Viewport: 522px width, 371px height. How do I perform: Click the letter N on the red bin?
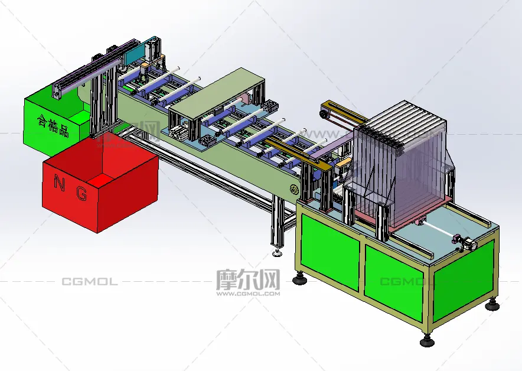(x=59, y=184)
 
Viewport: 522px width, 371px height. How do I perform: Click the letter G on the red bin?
(x=81, y=194)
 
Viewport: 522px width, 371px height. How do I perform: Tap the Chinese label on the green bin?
(x=53, y=126)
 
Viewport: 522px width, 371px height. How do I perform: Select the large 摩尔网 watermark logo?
(x=248, y=280)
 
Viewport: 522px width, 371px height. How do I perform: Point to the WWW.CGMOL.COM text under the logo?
(x=248, y=294)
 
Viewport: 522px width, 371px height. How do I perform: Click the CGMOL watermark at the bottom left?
(x=90, y=282)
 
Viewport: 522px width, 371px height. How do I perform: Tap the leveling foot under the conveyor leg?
(x=278, y=253)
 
